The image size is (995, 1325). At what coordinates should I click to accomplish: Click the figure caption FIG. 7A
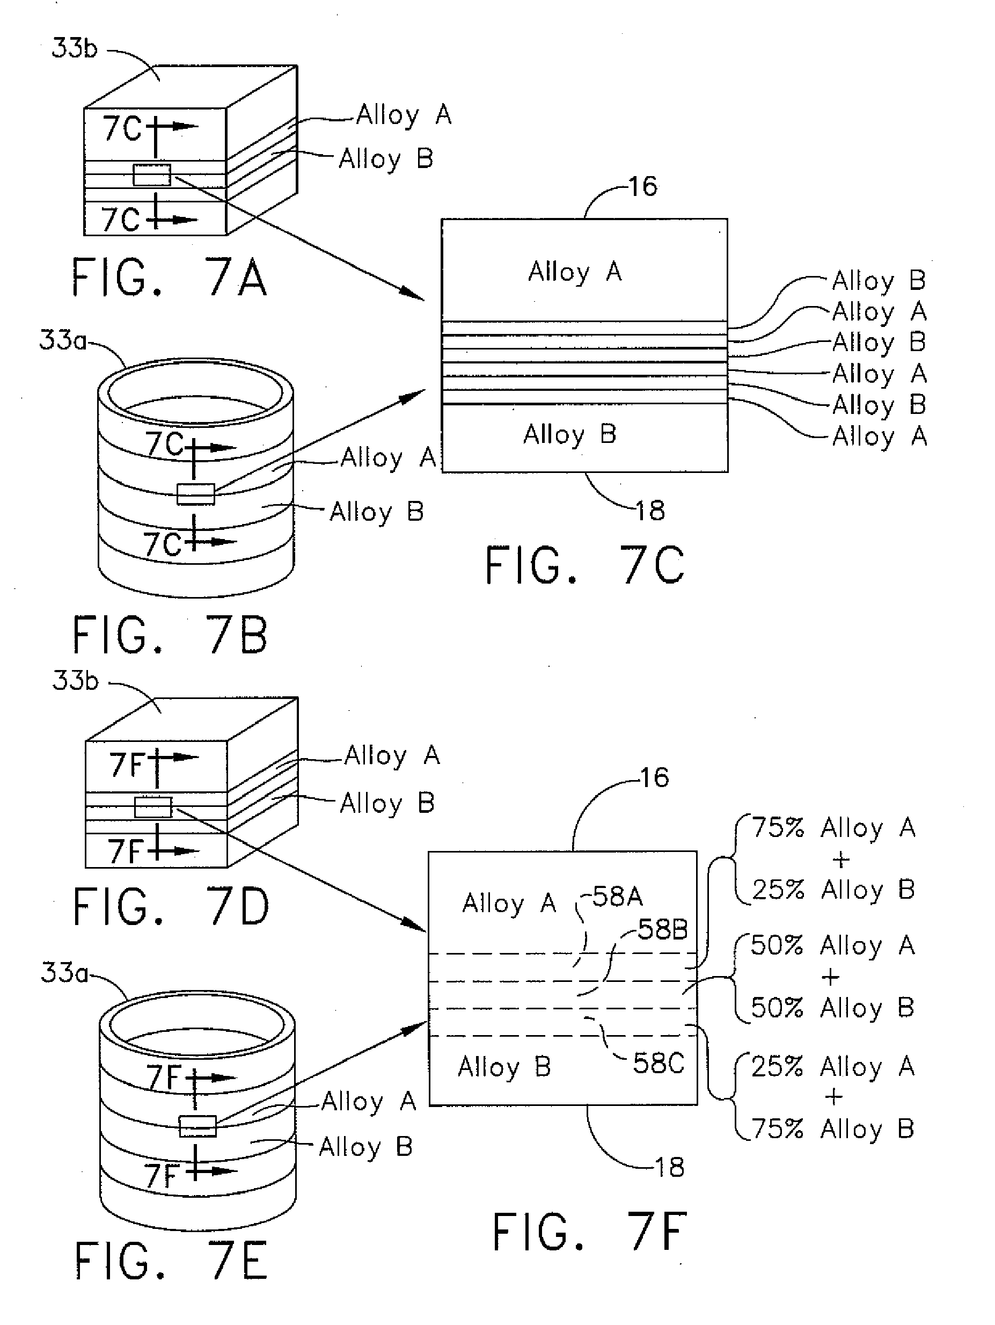(170, 278)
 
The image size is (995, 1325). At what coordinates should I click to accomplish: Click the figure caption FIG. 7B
(171, 636)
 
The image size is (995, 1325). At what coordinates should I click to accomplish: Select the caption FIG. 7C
(584, 565)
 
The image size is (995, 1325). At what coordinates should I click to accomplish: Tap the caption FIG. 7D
(171, 907)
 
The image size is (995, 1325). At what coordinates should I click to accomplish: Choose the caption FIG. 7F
(590, 1232)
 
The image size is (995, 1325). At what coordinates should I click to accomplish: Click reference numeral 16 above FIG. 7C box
(643, 187)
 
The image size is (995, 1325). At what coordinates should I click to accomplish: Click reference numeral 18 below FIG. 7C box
(650, 511)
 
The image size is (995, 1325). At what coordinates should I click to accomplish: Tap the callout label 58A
(617, 897)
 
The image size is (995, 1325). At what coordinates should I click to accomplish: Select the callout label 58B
(663, 930)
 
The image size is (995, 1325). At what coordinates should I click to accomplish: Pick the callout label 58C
(659, 1063)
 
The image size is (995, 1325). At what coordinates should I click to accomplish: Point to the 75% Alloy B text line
(833, 1129)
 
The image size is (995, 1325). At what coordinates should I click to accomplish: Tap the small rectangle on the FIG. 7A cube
(151, 175)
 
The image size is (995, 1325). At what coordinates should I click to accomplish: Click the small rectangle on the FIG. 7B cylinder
(196, 494)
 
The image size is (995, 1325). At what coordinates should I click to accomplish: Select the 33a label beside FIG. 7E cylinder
(63, 973)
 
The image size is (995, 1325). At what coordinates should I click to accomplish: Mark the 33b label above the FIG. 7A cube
(74, 48)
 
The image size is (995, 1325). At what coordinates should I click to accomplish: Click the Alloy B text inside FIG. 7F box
(504, 1067)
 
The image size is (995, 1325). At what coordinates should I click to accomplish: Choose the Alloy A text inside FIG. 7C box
(575, 272)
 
